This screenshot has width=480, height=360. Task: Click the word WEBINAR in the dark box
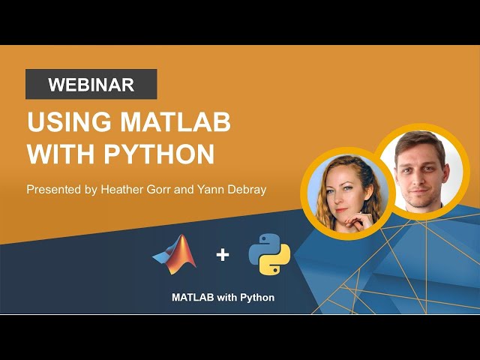coord(91,85)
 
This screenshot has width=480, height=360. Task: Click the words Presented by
coord(61,190)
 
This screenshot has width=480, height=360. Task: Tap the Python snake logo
coord(269,254)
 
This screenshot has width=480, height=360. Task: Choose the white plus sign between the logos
coord(223,255)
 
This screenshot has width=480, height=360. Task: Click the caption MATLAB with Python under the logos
coord(223,298)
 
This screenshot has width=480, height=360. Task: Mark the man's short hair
coord(412,138)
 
